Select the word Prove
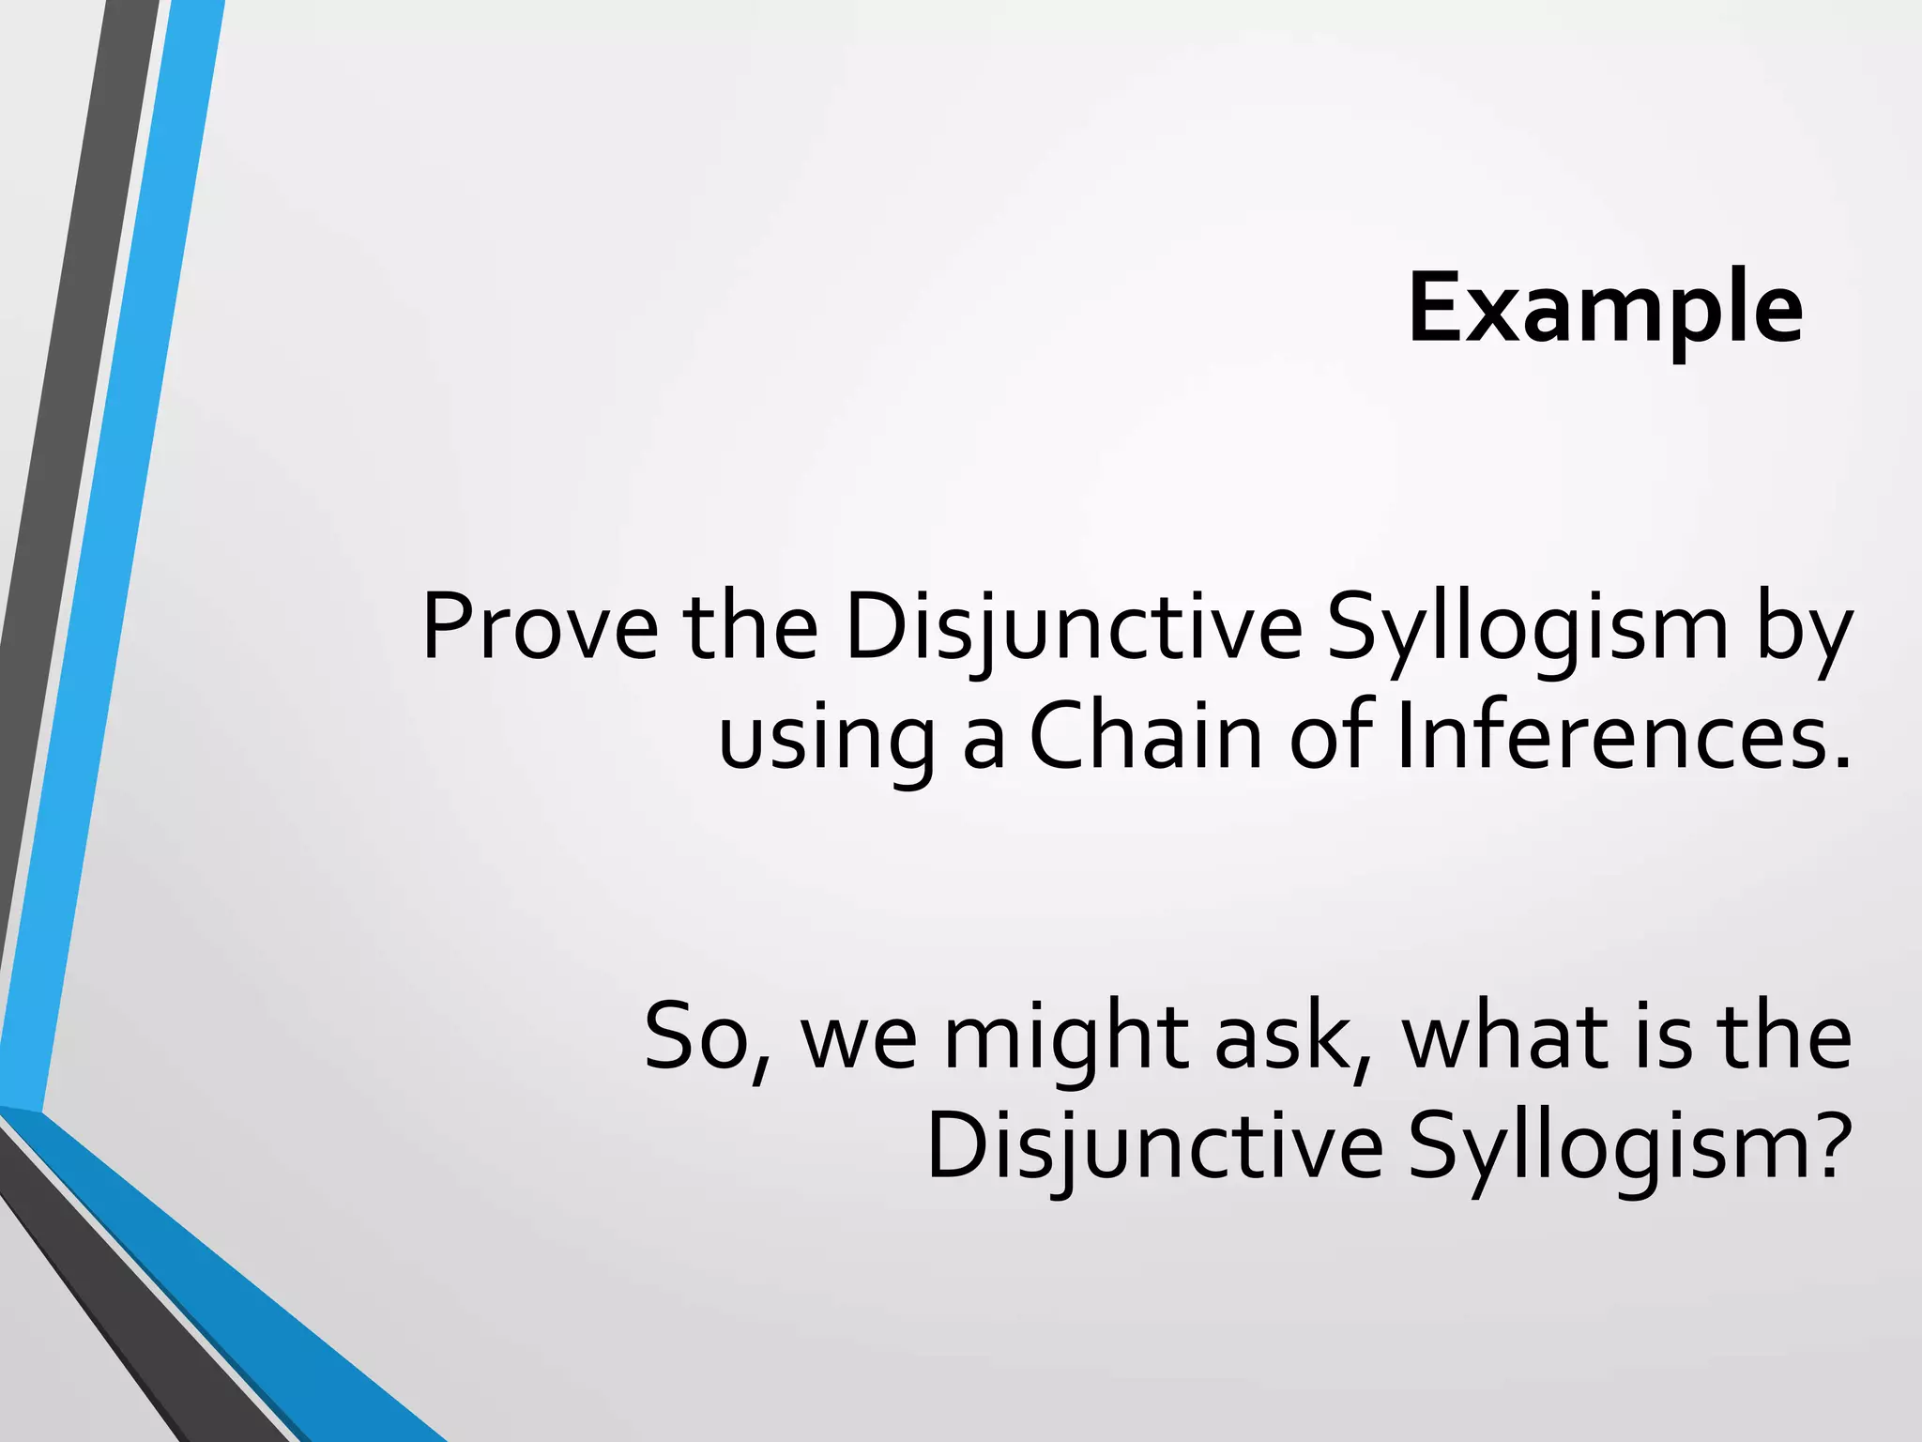[x=540, y=627]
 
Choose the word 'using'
[x=826, y=738]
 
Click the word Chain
[x=1146, y=738]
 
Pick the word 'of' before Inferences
[x=1334, y=738]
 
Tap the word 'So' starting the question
[x=699, y=1038]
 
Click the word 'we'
[x=857, y=1042]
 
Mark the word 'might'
[x=1065, y=1038]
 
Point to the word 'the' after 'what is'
[x=1784, y=1038]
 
